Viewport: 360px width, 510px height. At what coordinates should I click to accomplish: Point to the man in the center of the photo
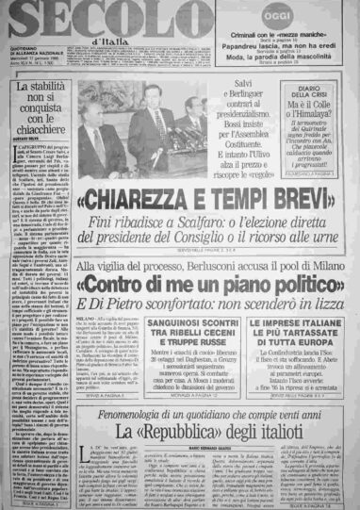[x=150, y=123]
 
